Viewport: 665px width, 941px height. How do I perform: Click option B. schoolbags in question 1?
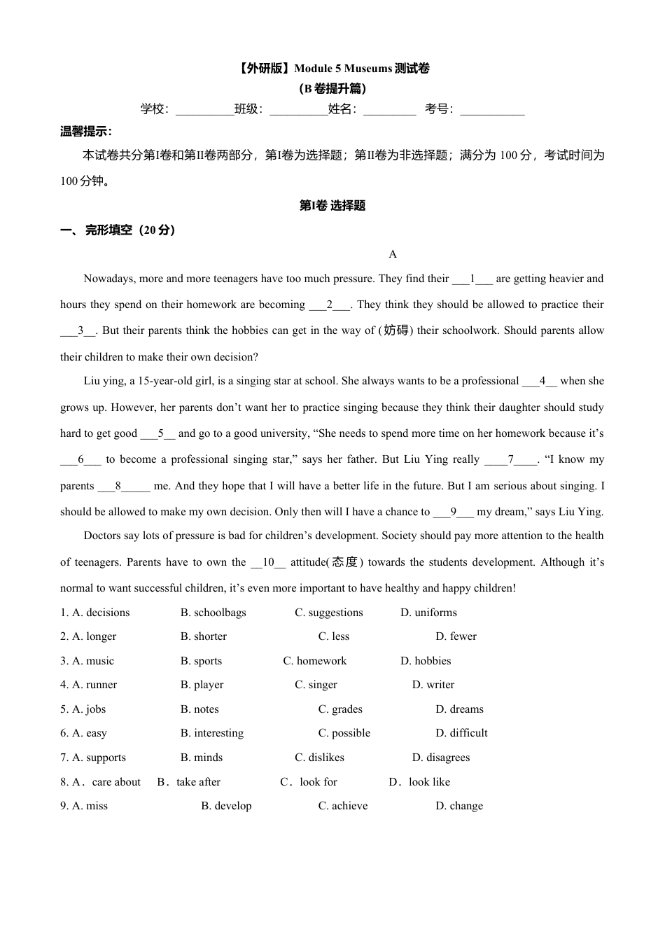213,613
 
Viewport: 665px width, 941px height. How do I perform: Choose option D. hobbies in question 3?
426,661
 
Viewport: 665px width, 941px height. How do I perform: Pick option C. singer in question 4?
316,685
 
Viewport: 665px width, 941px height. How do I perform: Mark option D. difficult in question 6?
461,733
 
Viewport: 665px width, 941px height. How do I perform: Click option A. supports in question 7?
93,758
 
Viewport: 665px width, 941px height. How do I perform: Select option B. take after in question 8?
189,782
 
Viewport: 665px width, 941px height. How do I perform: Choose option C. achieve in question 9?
342,806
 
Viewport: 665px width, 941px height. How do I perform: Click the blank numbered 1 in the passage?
472,279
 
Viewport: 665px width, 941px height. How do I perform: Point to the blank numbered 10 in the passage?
268,562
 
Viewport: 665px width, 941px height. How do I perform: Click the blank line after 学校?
204,111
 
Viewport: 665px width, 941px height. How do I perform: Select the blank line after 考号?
492,111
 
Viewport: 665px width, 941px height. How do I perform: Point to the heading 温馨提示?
86,132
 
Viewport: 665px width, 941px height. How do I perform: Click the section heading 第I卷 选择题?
332,206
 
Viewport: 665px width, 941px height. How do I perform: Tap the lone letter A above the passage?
393,254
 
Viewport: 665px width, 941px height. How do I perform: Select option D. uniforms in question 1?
428,613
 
